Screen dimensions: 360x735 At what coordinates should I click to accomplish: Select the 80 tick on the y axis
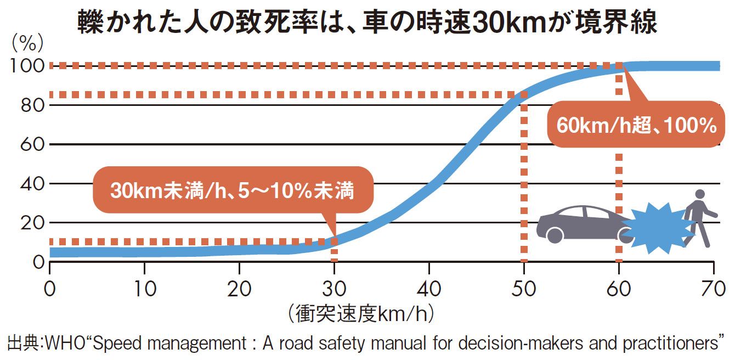32,105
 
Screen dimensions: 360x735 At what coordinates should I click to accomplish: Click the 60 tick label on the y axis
32,145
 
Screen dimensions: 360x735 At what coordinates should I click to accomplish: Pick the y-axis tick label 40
32,184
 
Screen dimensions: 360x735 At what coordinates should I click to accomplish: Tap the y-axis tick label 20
32,223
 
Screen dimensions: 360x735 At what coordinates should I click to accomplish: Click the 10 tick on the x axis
144,288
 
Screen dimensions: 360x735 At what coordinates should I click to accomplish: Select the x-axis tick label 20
239,288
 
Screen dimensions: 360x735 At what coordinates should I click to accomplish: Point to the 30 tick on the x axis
334,288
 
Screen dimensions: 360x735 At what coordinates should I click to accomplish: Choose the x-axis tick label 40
429,288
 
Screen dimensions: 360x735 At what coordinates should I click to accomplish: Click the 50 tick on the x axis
524,288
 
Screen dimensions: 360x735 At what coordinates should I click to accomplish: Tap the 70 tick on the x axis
714,288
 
